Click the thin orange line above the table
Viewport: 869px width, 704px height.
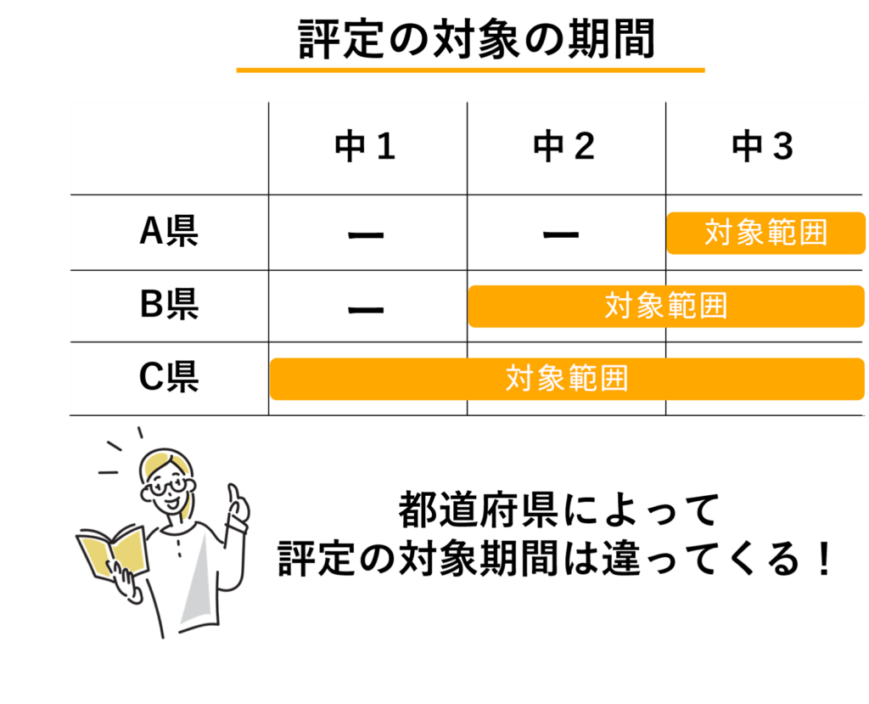tap(470, 75)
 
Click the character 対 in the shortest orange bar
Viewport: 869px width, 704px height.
tap(719, 233)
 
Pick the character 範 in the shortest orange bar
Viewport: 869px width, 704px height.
tap(782, 233)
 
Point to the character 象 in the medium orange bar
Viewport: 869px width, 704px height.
tap(650, 306)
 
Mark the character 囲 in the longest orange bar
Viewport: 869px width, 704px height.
tap(614, 378)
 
